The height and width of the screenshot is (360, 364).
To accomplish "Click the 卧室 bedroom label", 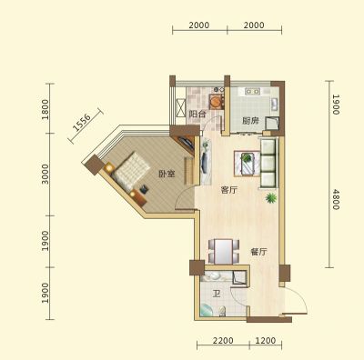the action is (x=167, y=174).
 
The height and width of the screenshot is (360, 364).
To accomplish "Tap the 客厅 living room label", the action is (x=229, y=190).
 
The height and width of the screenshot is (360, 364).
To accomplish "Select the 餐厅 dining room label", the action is (x=258, y=252).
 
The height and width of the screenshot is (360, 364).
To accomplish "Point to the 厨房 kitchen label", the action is (x=250, y=121).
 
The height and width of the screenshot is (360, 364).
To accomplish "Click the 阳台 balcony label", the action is (x=197, y=115).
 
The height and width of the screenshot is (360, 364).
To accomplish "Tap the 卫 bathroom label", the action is (x=217, y=294).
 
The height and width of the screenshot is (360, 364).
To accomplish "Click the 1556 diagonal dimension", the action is (x=82, y=123).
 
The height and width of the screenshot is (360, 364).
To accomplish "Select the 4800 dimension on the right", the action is (x=336, y=199).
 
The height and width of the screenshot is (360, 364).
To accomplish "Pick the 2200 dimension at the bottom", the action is (x=223, y=341).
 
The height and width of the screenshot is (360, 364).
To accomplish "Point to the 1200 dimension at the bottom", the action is (x=266, y=341).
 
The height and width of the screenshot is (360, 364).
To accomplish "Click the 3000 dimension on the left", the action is (x=45, y=175).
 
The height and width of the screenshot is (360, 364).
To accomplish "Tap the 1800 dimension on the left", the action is (x=45, y=109).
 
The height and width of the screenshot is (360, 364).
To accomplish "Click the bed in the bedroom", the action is (x=131, y=171).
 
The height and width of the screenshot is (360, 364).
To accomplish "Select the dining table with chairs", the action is (x=224, y=251).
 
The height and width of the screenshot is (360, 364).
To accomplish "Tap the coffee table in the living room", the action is (x=247, y=164).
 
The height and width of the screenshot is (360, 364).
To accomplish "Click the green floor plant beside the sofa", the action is (x=271, y=198).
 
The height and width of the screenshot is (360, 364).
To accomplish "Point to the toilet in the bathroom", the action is (x=223, y=312).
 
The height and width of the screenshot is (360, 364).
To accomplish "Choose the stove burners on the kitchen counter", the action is (x=252, y=91).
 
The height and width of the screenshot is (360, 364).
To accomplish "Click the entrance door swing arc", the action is (x=299, y=298).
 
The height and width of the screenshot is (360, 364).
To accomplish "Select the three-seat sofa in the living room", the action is (x=268, y=163).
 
